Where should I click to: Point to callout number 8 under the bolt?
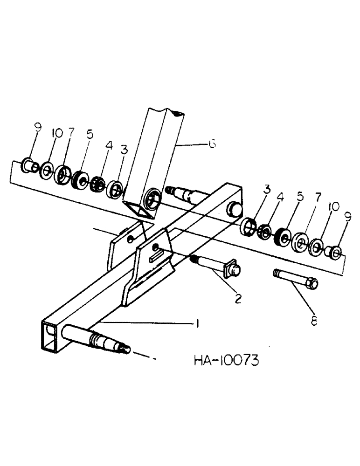[x=314, y=321]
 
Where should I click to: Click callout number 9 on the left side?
[x=38, y=126]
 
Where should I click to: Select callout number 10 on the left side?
[x=57, y=134]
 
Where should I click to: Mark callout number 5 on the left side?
[x=90, y=134]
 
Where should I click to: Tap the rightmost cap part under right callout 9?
[x=334, y=252]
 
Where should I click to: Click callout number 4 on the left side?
[x=109, y=145]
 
